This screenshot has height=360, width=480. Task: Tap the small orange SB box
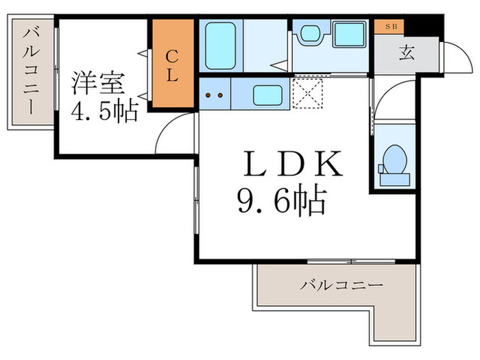(389, 27)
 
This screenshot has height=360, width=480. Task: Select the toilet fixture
(394, 162)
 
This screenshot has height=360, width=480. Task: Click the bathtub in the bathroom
(220, 46)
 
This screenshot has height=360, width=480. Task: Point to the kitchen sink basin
(265, 95)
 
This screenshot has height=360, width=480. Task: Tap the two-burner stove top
(215, 95)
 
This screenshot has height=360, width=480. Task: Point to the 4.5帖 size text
(105, 110)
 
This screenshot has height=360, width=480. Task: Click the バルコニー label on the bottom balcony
(341, 285)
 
